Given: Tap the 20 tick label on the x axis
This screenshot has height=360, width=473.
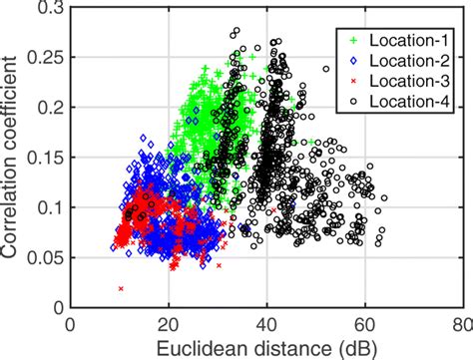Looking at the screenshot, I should point(169,324).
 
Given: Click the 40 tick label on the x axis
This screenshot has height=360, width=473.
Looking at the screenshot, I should point(266,324).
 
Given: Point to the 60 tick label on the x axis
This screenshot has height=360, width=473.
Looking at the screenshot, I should point(364,324).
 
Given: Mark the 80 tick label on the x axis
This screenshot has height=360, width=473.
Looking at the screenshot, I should point(461,324).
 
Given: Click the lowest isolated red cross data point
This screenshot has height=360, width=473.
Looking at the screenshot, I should point(121,289).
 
